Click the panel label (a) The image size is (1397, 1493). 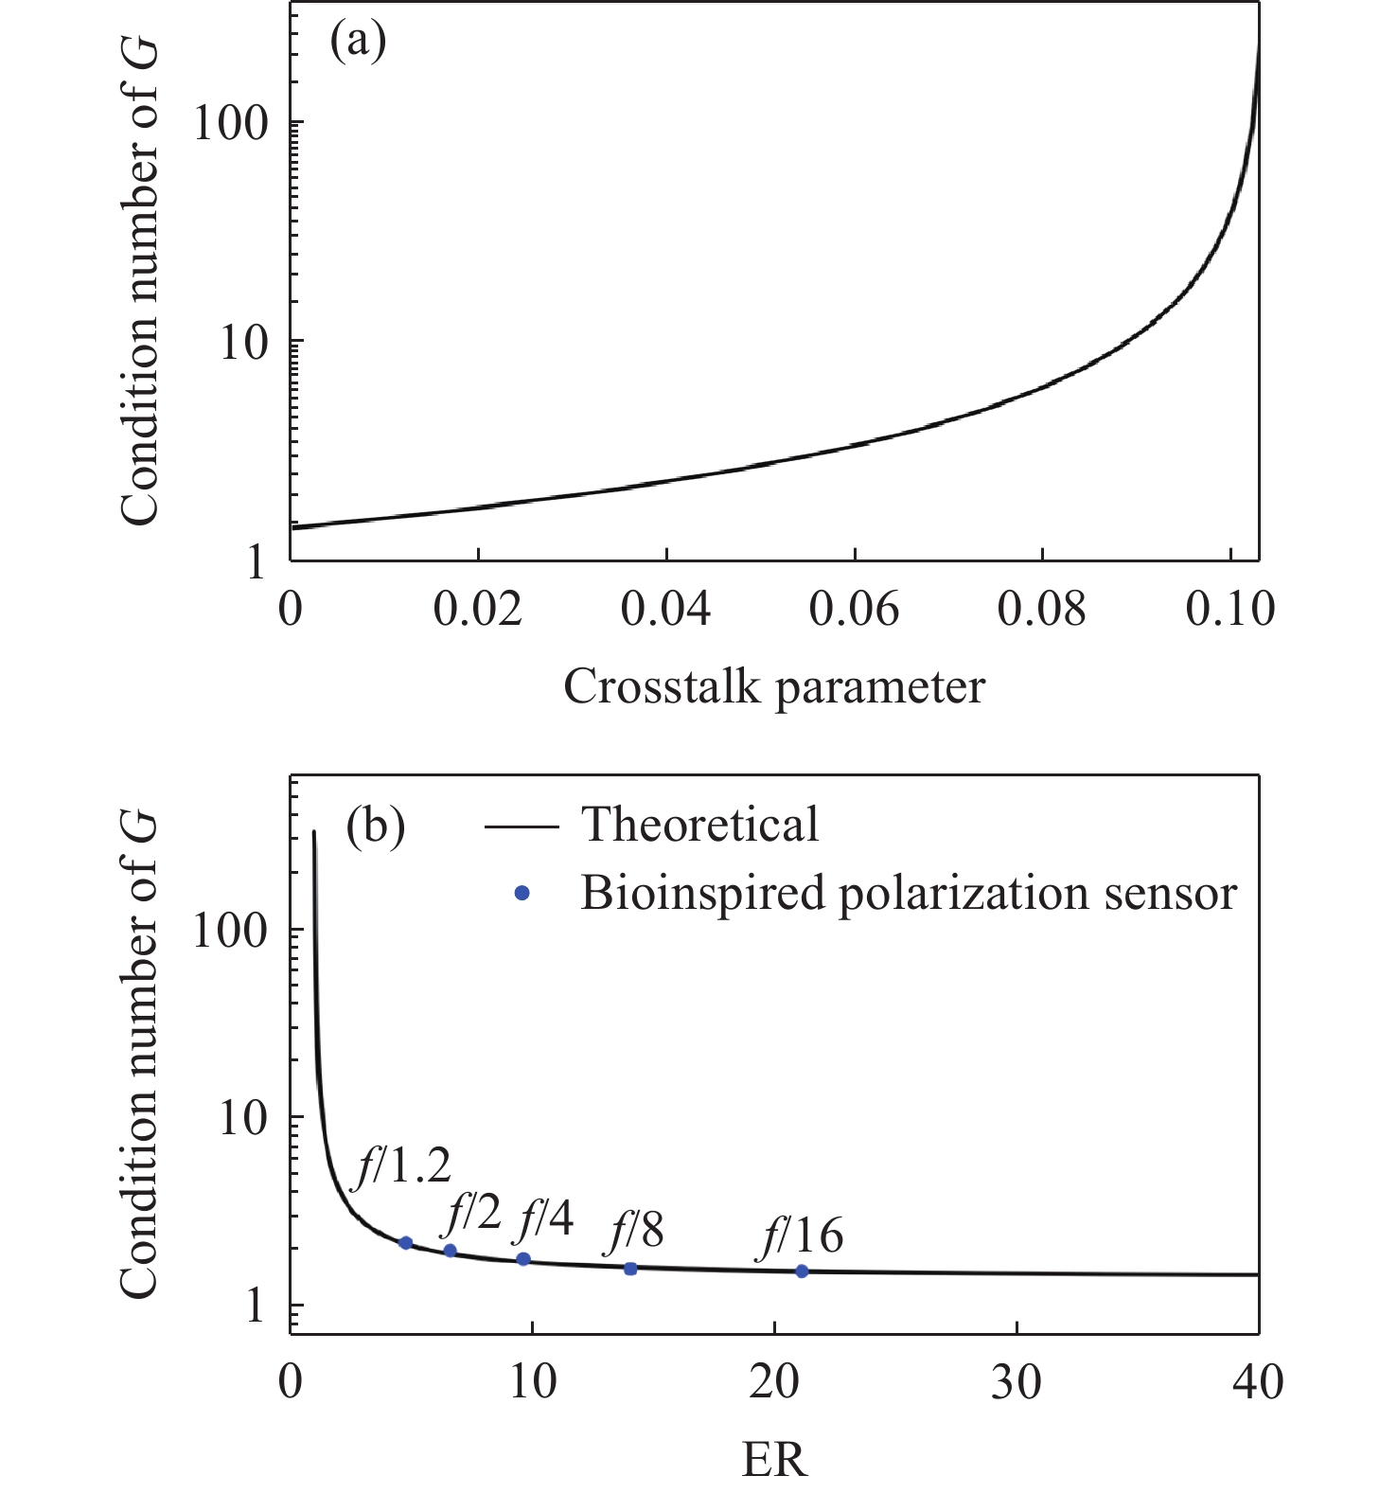[358, 43]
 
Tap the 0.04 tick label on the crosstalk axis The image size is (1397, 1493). [665, 609]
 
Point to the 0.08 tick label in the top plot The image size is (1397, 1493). [1041, 609]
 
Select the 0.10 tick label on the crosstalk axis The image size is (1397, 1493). [1229, 609]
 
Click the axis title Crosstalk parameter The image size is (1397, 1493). [774, 686]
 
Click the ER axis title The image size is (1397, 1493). [774, 1460]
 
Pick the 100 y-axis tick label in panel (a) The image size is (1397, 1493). [231, 123]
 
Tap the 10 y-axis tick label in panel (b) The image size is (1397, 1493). [243, 1118]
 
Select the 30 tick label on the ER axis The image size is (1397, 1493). [1017, 1383]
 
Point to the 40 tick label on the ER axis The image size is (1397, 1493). [1258, 1383]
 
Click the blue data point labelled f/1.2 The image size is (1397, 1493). [405, 1243]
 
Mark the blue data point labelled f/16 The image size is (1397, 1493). [802, 1271]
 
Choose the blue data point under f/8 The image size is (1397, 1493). [630, 1269]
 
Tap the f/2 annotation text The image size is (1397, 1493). [470, 1211]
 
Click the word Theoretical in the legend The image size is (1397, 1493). [699, 825]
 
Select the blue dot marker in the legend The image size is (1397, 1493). [522, 893]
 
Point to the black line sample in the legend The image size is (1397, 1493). [522, 826]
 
